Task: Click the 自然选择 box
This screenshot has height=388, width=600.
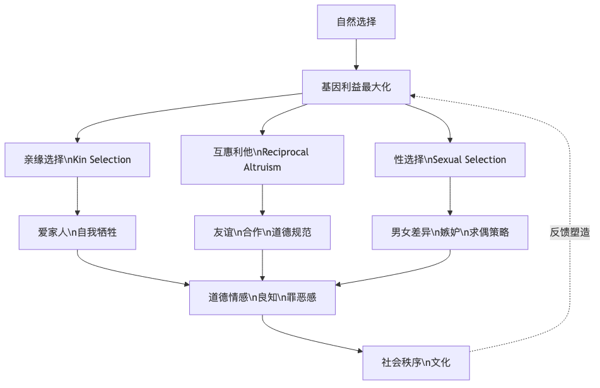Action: tap(356, 22)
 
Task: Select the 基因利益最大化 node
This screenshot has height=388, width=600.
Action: tap(356, 87)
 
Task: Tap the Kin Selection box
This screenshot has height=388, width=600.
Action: tap(77, 160)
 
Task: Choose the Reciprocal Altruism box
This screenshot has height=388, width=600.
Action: tap(262, 160)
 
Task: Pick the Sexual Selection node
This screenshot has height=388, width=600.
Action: tap(449, 160)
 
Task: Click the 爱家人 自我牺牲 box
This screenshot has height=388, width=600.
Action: tap(77, 233)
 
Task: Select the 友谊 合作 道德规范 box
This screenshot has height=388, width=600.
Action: tap(262, 233)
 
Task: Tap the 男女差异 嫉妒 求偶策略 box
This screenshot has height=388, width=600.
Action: tap(449, 233)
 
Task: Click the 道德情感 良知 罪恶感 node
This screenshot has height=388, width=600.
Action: tap(262, 297)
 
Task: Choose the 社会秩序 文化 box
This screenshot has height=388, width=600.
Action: tap(416, 363)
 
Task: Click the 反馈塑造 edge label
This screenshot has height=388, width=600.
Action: tap(570, 233)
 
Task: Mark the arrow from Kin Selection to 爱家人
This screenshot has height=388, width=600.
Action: tap(77, 197)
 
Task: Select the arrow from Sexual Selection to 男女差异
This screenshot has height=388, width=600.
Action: tap(449, 197)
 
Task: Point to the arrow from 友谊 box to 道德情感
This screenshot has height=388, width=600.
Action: tap(262, 265)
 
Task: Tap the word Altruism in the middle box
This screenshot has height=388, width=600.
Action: tap(262, 167)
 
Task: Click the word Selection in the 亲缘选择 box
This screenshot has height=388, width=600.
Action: tap(110, 160)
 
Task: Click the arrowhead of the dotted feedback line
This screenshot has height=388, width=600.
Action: tap(414, 96)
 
